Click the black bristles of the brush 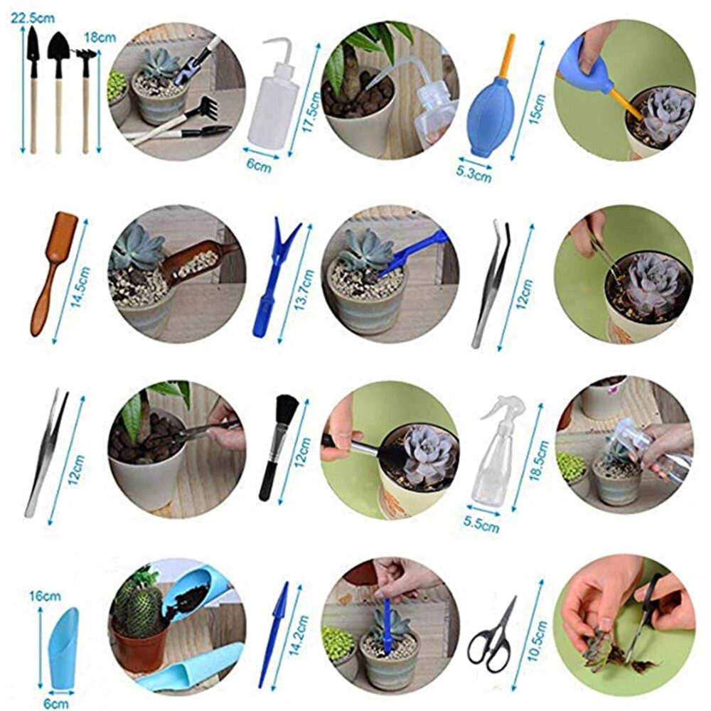pyautogui.click(x=287, y=413)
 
